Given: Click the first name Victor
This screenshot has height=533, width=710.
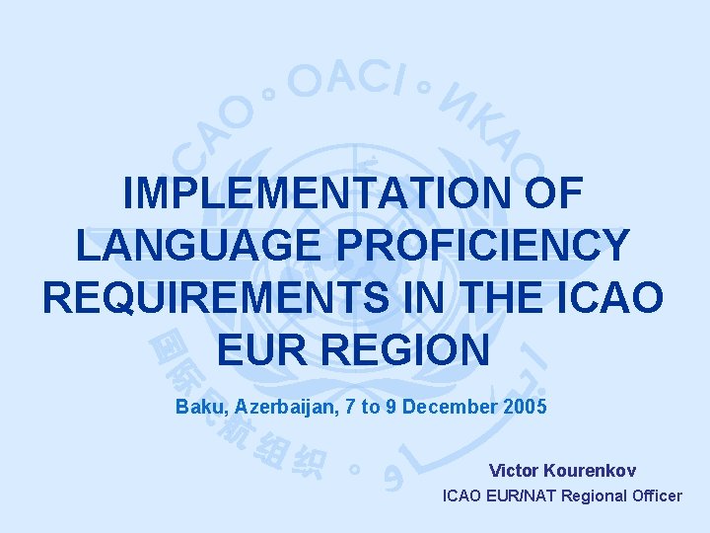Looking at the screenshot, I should [x=514, y=470].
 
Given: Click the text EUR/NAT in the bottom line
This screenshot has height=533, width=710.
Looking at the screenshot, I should [x=522, y=495].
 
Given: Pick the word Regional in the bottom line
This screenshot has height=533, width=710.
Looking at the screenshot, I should [x=594, y=495].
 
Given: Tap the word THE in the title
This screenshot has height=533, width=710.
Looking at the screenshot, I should [x=507, y=297].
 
